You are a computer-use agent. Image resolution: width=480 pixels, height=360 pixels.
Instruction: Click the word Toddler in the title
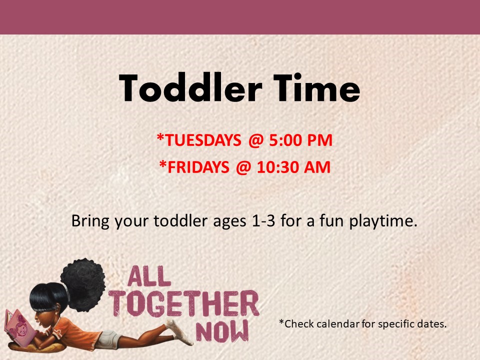click(190, 88)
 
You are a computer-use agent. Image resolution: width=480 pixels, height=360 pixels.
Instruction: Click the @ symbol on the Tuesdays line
click(256, 141)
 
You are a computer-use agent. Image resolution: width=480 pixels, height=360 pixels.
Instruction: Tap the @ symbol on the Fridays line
click(243, 168)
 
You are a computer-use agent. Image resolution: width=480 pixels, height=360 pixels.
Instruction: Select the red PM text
click(320, 140)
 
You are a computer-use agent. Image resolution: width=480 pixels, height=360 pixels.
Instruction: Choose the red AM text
click(317, 167)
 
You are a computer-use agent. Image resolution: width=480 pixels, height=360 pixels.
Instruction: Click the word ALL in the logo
click(149, 276)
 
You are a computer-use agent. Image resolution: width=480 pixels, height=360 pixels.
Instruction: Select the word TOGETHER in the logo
click(184, 303)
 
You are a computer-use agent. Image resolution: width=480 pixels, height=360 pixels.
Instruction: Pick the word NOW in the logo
click(222, 331)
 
